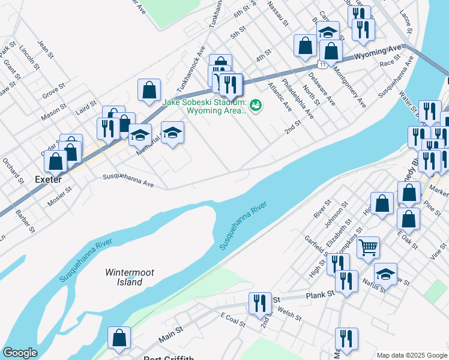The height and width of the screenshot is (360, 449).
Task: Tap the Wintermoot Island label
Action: (130, 277)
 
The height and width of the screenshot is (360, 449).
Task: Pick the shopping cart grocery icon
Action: (368, 246)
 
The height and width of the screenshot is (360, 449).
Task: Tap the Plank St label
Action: (319, 295)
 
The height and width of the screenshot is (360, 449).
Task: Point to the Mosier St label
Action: (60, 195)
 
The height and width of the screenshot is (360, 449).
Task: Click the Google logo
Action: (20, 352)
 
